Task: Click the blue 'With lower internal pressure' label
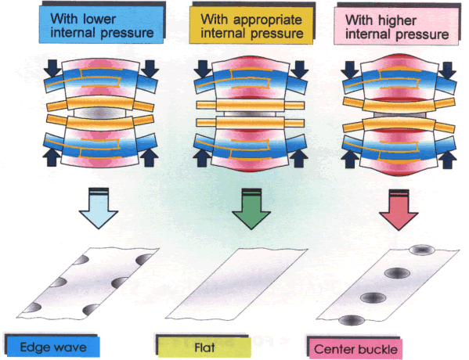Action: [x=101, y=24]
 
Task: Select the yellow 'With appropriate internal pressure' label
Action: [x=251, y=25]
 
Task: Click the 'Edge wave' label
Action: [x=53, y=347]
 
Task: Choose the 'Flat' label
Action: [x=204, y=347]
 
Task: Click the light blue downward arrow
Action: [x=99, y=209]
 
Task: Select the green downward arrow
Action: [x=251, y=210]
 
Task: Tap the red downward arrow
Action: [x=399, y=211]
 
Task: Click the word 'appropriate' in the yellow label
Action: [x=268, y=20]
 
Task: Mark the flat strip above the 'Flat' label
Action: [x=236, y=284]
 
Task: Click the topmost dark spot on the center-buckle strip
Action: [x=422, y=250]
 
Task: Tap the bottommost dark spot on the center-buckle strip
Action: [x=352, y=320]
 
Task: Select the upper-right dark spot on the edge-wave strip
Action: [x=145, y=259]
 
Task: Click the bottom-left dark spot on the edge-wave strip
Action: [x=32, y=308]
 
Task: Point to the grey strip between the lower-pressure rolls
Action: [x=99, y=113]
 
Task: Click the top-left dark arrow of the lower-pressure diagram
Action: [x=53, y=68]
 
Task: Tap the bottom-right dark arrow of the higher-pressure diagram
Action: [x=447, y=159]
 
